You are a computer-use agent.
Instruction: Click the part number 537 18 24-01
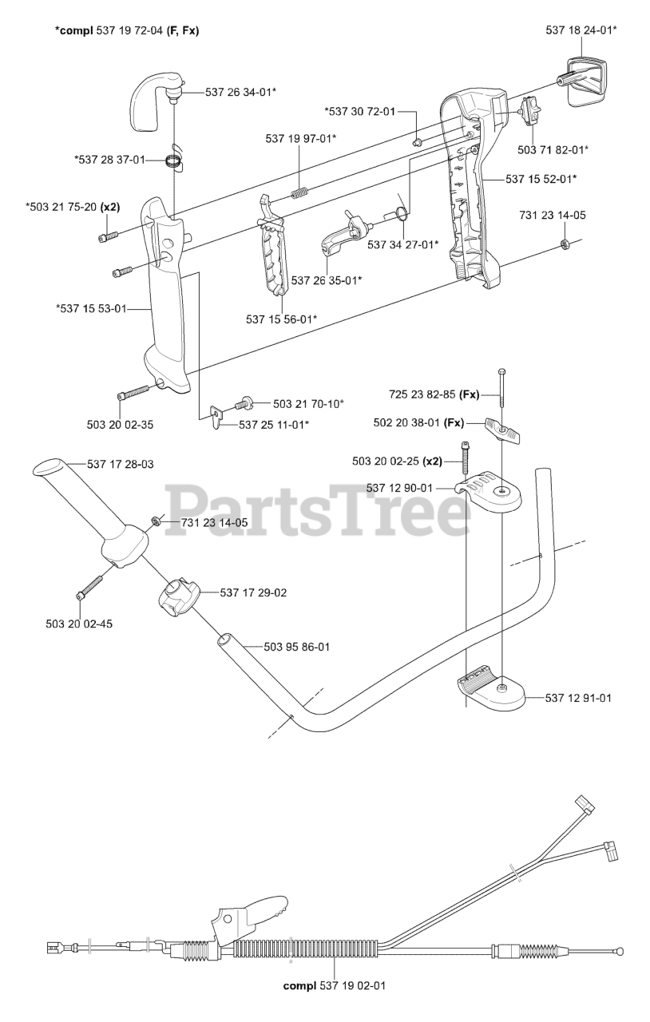581,30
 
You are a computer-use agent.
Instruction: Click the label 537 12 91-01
578,698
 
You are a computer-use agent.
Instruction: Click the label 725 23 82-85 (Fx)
434,394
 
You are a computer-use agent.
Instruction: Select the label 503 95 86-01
284,647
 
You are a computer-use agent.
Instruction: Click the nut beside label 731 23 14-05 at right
564,243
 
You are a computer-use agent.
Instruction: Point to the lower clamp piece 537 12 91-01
489,688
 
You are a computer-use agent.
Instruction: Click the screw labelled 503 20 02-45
88,588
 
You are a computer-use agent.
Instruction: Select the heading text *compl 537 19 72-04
127,30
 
